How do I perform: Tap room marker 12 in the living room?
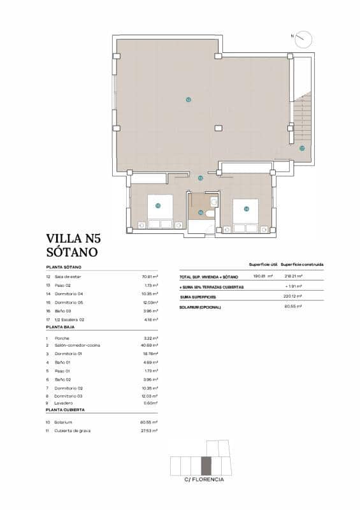tap(188, 99)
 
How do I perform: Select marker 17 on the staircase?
tap(301, 148)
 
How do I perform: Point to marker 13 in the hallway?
tap(200, 178)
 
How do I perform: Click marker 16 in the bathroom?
tap(201, 212)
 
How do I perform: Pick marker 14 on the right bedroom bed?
tap(246, 208)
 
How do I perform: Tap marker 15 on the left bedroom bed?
tap(158, 205)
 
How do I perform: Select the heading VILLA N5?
tap(73, 240)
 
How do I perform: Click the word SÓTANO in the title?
tap(72, 252)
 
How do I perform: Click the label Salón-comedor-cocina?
tap(78, 346)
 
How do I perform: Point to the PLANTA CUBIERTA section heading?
tap(66, 411)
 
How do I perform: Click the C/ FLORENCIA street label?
tap(204, 479)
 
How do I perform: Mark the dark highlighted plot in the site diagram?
tap(206, 466)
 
